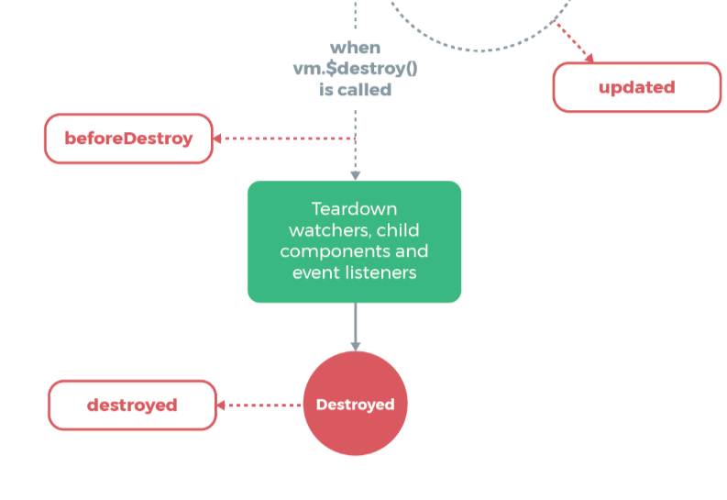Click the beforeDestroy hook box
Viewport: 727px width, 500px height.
[x=128, y=139]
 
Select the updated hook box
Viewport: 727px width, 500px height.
[x=636, y=87]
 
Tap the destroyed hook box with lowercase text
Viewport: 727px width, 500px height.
[x=132, y=405]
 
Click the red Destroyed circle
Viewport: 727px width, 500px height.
[x=355, y=404]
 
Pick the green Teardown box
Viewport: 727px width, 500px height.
[x=354, y=241]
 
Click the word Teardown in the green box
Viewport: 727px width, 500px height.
[x=354, y=208]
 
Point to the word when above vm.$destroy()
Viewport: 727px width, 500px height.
[x=355, y=48]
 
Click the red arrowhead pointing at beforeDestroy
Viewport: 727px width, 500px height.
[x=218, y=139]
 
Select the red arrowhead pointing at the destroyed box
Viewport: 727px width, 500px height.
[x=222, y=405]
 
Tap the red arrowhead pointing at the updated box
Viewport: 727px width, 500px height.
[x=589, y=58]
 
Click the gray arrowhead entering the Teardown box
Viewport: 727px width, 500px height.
[x=355, y=175]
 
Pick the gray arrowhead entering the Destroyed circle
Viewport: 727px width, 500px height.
[x=355, y=346]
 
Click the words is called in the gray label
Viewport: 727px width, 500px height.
[x=355, y=89]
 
